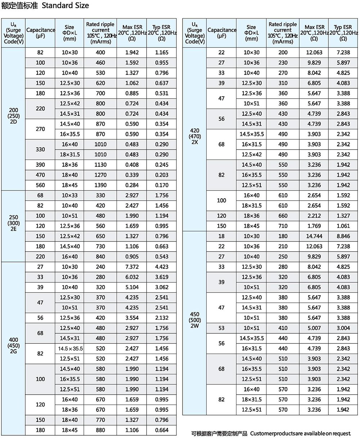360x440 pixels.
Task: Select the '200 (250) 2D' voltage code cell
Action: pos(14,116)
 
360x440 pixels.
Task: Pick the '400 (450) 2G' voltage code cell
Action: pos(14,346)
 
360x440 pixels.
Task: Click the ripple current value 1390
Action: pos(101,185)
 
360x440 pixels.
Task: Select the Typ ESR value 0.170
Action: pos(162,185)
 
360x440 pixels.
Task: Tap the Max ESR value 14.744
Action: pos(314,236)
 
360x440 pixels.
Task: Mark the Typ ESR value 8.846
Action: pos(343,236)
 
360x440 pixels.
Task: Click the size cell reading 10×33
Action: pos(69,195)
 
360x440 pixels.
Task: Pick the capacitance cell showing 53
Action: pos(221,328)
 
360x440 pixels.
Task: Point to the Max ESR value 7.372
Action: pos(132,267)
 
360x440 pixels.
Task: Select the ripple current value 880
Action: pos(101,430)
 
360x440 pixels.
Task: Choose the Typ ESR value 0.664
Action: pos(162,430)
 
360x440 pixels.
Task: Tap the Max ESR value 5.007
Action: pos(314,328)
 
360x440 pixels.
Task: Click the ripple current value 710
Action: pos(283,226)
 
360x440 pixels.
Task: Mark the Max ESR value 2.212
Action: pos(314,216)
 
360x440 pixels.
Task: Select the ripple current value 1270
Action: pos(101,175)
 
